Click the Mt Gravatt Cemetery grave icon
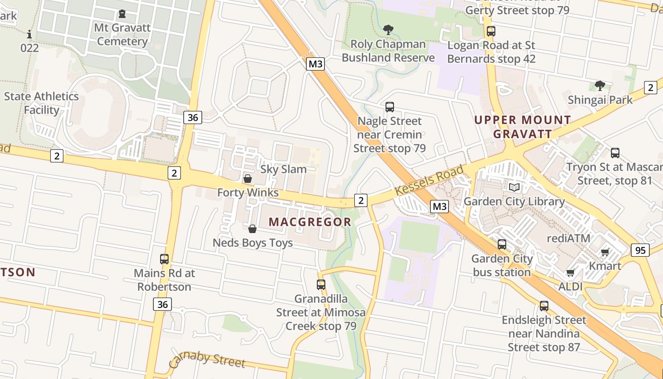click(122, 14)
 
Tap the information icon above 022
click(29, 34)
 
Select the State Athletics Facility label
click(42, 103)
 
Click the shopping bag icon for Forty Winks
click(247, 179)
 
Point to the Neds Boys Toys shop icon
click(252, 229)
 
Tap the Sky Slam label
click(284, 169)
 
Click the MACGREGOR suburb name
click(310, 222)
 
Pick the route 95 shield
click(640, 250)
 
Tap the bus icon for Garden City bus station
click(502, 245)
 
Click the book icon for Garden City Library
click(514, 187)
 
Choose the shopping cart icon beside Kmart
click(605, 252)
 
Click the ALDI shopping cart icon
click(571, 272)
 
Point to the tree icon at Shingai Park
click(600, 86)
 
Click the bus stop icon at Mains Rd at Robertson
click(164, 259)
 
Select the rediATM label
click(569, 238)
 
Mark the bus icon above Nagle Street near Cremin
click(390, 107)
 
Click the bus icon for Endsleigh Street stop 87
click(544, 306)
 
